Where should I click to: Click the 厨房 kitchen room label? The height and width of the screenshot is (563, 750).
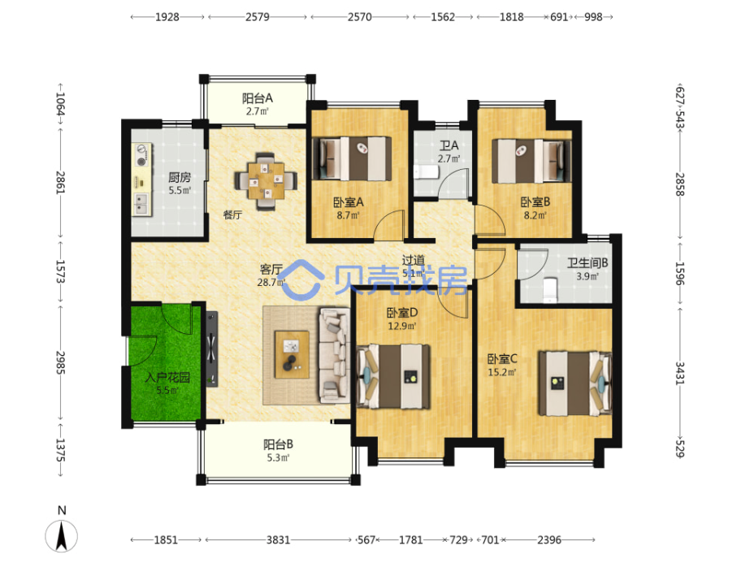coord(180,177)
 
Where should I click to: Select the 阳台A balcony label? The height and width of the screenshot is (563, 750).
coord(257,98)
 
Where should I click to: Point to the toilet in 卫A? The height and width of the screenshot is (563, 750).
coord(422,171)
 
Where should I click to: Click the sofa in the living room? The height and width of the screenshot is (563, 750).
coord(333,355)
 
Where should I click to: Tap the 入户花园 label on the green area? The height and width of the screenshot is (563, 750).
coord(167,378)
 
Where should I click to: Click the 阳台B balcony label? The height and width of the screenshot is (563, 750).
coord(278,444)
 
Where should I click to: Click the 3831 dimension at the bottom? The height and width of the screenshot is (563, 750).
coord(279,539)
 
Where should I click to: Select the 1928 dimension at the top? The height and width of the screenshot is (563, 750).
coord(167,16)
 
